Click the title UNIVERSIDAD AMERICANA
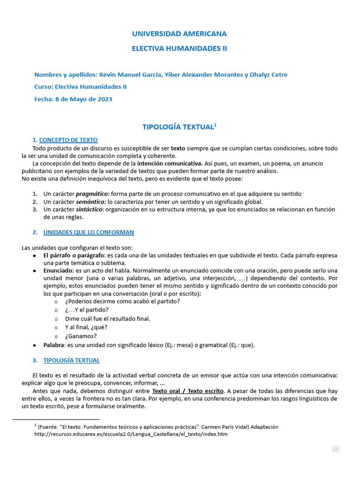tap(179, 34)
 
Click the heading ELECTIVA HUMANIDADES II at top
tap(179, 48)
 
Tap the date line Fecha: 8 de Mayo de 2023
tap(73, 99)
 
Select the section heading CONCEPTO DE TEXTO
tap(68, 140)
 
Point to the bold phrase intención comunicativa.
tap(170, 164)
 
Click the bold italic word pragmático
tap(92, 194)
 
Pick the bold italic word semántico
tap(91, 202)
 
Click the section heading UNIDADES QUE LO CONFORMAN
tap(89, 232)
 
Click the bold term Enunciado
tap(58, 270)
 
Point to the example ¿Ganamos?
tap(81, 336)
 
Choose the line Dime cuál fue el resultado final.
tap(108, 318)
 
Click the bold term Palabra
tap(53, 345)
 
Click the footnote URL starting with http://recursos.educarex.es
tap(131, 434)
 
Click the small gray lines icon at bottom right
tap(335, 449)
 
